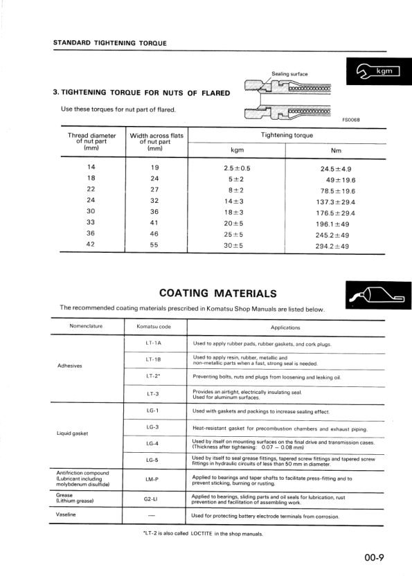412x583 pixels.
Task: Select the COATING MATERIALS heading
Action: (218, 293)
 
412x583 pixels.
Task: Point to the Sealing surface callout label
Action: (289, 73)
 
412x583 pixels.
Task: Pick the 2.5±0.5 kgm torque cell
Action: (237, 168)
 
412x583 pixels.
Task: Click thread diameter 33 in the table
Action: (91, 222)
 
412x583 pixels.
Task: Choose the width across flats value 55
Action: (155, 245)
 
